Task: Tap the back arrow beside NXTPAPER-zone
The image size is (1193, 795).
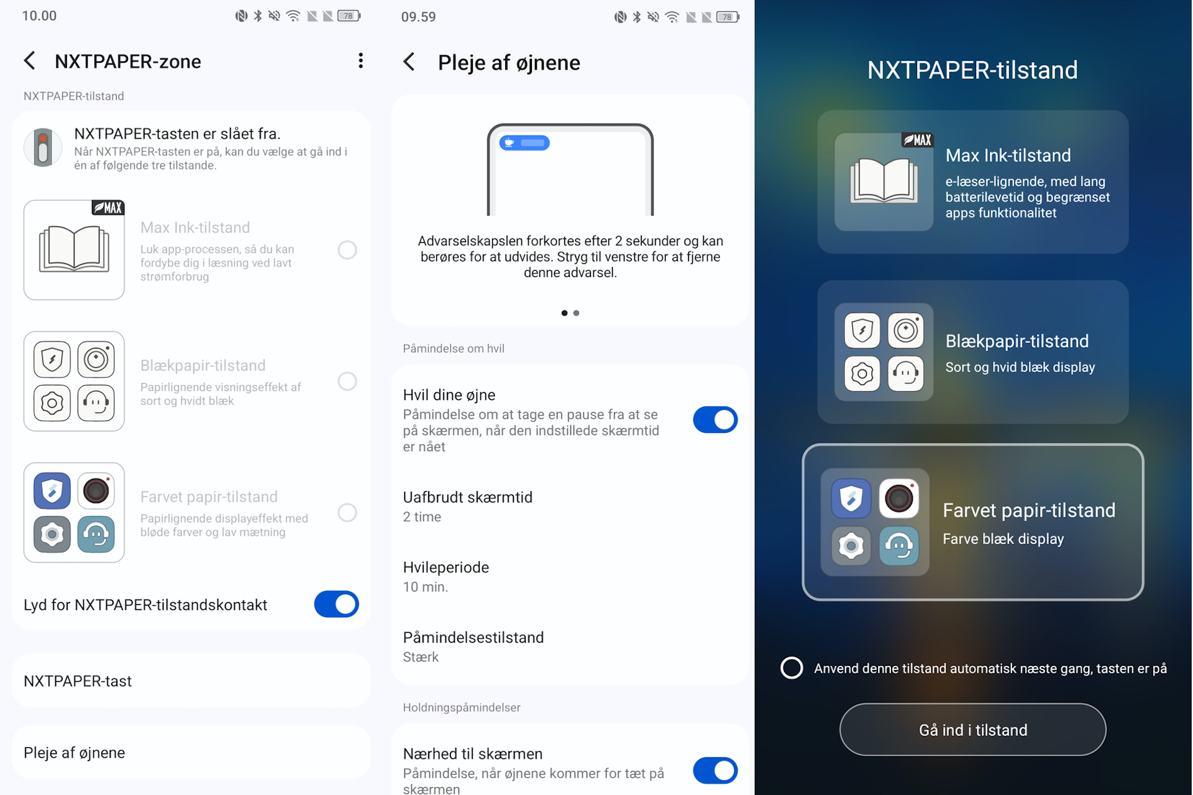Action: pos(29,61)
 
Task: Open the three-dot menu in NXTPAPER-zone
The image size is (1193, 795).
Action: pos(360,61)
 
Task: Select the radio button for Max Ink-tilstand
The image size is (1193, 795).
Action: pos(347,250)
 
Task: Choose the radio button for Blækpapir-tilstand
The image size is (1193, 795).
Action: pos(347,381)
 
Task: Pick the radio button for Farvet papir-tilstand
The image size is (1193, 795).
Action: pos(347,512)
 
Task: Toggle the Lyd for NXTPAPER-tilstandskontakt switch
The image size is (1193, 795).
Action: pos(336,604)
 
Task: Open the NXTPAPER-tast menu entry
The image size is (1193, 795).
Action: pos(191,681)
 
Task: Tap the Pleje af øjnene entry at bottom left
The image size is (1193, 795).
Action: pos(191,752)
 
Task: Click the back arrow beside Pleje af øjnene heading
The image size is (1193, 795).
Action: pos(409,62)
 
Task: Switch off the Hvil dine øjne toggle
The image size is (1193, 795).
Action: pos(715,420)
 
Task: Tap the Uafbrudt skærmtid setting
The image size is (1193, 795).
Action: pos(570,507)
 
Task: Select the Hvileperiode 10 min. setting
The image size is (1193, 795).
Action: pos(570,577)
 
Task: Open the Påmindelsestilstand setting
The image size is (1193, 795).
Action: pos(570,647)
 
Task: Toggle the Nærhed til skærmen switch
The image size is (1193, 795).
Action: pos(715,771)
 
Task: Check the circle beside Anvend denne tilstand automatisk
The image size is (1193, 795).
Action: pos(792,668)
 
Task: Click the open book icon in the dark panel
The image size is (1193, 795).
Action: pos(884,181)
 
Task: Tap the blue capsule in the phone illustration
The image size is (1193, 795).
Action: pos(524,143)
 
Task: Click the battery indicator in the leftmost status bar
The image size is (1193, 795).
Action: pos(349,16)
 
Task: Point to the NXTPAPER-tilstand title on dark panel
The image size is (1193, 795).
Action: pos(972,70)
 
